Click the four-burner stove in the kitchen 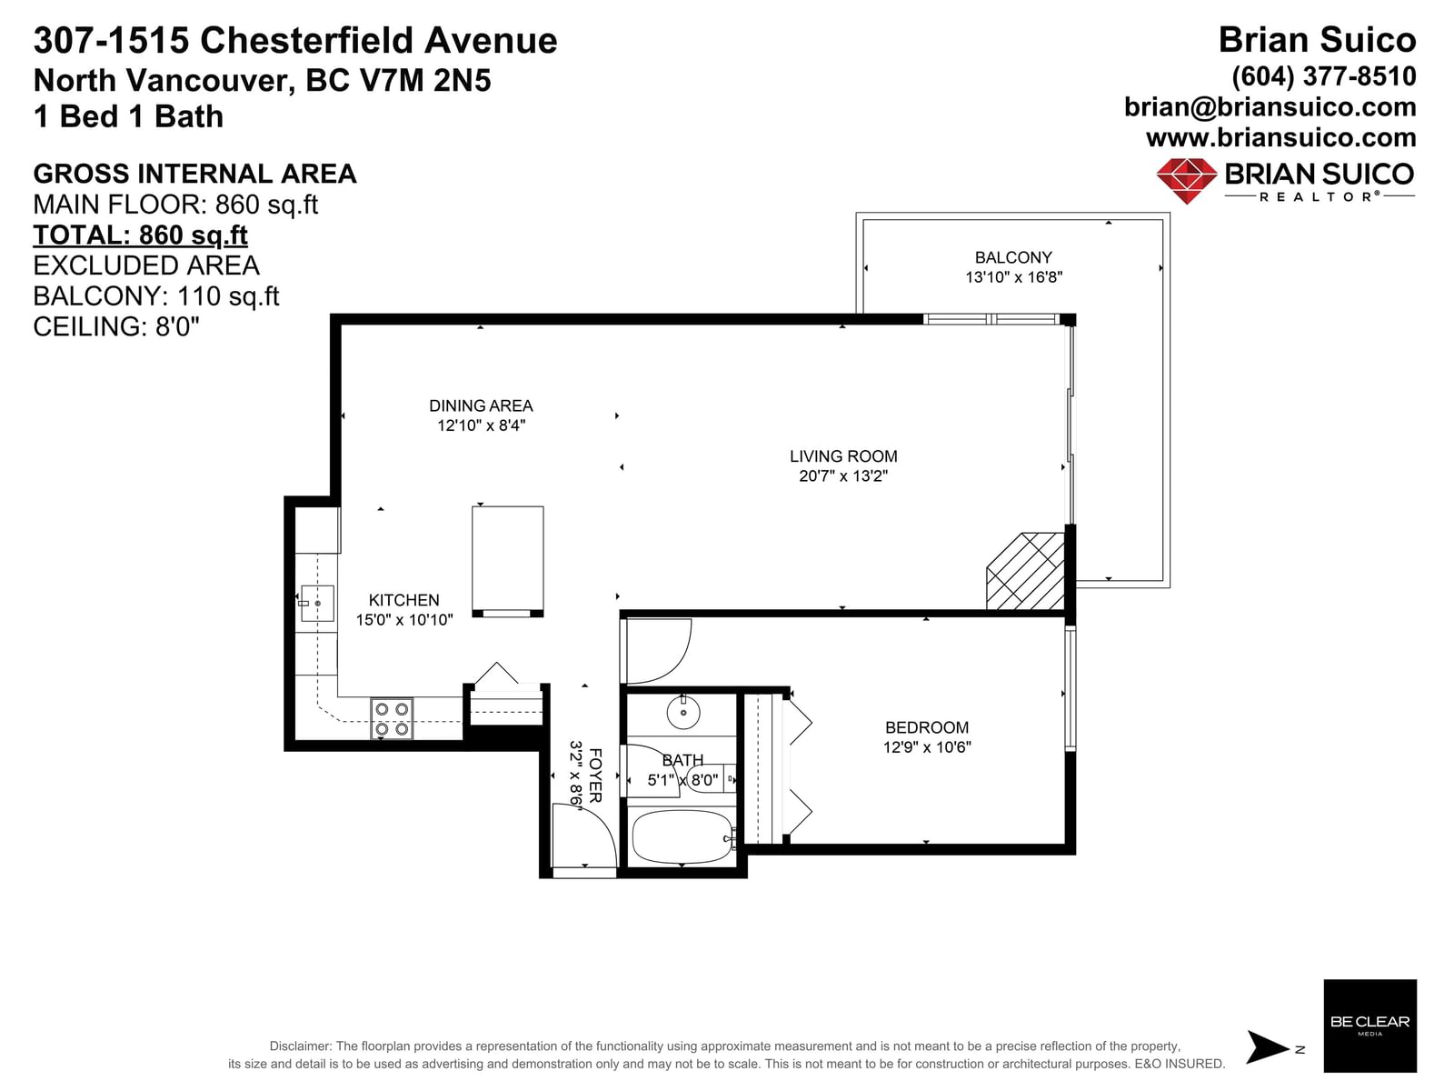[x=392, y=719]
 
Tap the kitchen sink [x=317, y=603]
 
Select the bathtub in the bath [x=682, y=837]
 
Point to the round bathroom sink [x=683, y=713]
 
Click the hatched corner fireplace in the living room [x=1026, y=571]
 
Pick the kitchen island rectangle [x=507, y=561]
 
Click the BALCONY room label [x=1013, y=257]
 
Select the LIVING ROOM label [x=843, y=455]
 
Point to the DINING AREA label [x=481, y=405]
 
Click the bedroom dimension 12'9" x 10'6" [x=927, y=746]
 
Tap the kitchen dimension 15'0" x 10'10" [x=404, y=619]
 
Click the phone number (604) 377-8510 [x=1323, y=77]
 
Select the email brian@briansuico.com [x=1270, y=107]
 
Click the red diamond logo [x=1187, y=180]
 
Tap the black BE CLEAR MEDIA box [x=1369, y=1026]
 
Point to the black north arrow [x=1268, y=1046]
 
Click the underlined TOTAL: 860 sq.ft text [x=141, y=235]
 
